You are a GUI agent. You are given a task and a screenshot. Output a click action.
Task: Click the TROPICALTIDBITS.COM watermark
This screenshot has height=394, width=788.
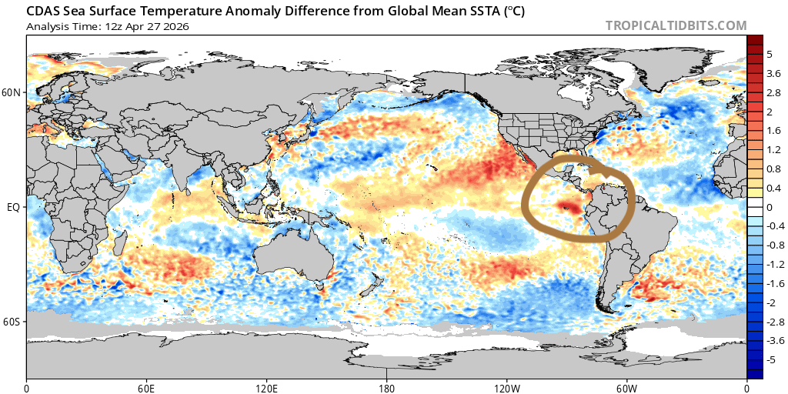click(x=676, y=25)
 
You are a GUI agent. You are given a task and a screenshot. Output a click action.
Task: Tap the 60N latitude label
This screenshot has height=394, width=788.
click(x=12, y=93)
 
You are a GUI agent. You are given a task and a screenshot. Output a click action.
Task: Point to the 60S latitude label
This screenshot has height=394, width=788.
click(x=12, y=321)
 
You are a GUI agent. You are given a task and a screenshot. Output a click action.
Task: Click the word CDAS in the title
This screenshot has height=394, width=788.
click(x=45, y=12)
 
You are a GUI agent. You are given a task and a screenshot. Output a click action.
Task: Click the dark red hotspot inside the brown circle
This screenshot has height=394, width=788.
click(x=568, y=205)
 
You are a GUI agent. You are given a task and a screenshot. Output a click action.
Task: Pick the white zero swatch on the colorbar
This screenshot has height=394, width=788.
click(x=755, y=207)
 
